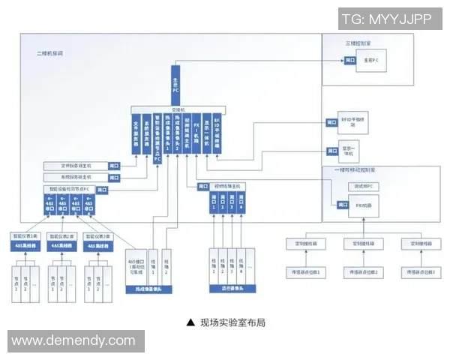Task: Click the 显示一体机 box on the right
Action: click(x=351, y=148)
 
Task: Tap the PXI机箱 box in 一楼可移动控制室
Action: click(x=363, y=204)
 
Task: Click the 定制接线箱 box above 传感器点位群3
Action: click(x=418, y=244)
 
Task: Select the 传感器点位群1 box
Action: click(x=304, y=271)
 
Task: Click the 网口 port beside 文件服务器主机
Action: click(x=113, y=165)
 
